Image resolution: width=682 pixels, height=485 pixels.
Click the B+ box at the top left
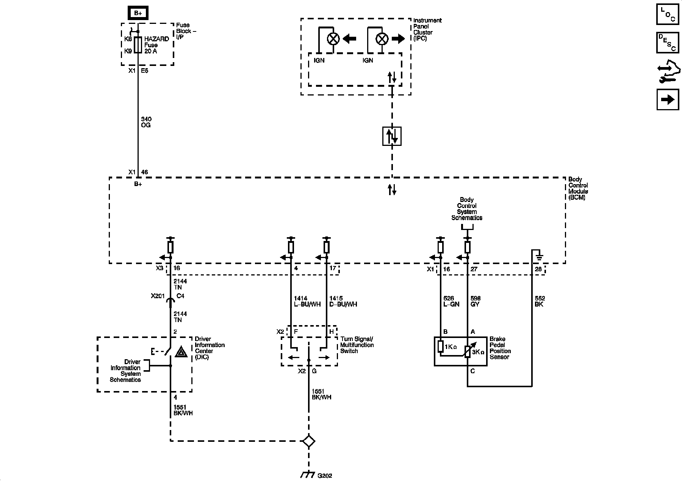click(138, 13)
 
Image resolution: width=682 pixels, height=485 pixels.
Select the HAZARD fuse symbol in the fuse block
click(138, 45)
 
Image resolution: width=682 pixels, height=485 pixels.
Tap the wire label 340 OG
click(146, 122)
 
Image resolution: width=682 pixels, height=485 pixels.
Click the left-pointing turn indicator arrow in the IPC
click(349, 38)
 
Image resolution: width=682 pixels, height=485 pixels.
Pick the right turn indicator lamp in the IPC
click(382, 39)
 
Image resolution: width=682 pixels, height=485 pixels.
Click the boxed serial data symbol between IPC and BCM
click(392, 136)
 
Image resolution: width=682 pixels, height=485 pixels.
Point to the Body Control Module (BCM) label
click(579, 188)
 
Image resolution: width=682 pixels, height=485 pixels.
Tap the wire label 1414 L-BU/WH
click(307, 301)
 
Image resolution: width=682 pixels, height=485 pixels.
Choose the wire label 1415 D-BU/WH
click(343, 301)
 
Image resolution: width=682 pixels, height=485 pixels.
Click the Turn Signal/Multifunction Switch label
click(357, 345)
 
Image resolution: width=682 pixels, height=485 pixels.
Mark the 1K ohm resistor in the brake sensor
click(441, 347)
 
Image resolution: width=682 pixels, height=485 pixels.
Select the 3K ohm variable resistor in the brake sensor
click(468, 350)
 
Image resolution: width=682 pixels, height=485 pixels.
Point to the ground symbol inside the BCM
click(539, 258)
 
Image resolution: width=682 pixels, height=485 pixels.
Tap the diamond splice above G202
click(308, 441)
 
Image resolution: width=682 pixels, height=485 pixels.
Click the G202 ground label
click(325, 476)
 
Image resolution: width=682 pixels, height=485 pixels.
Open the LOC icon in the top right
click(668, 14)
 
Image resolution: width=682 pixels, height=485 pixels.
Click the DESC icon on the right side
click(668, 42)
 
